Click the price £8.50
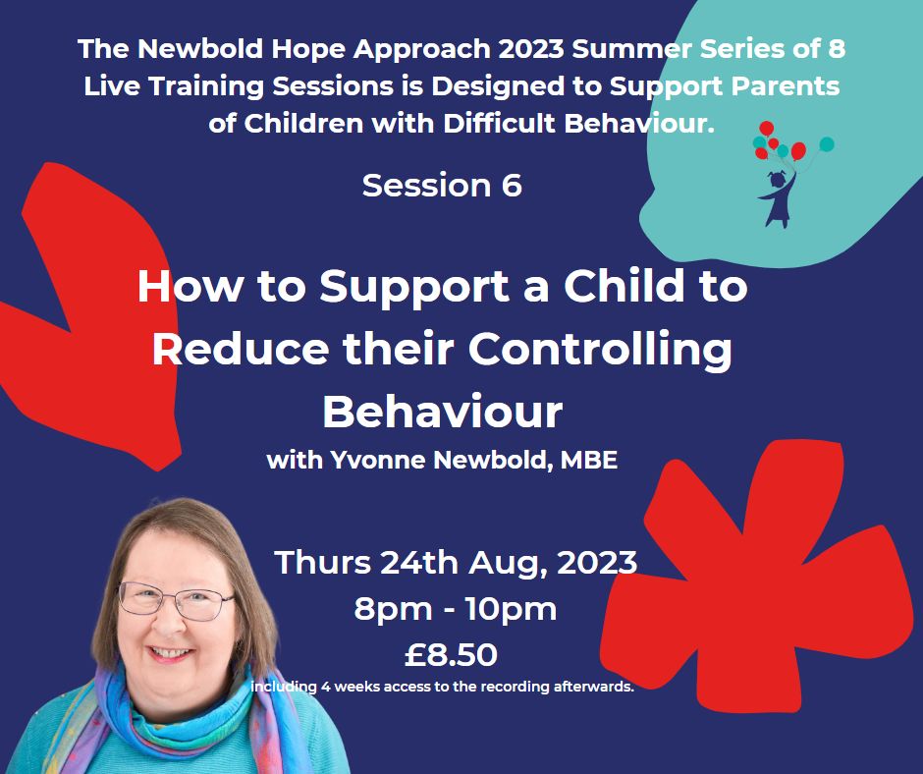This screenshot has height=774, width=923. coord(451,655)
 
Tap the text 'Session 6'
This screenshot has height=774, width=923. coord(442,185)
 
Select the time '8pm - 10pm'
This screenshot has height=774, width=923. coord(455,608)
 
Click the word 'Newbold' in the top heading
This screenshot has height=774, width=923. coord(200,48)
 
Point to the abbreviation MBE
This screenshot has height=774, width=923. coord(589,460)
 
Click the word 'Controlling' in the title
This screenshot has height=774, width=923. coord(600,349)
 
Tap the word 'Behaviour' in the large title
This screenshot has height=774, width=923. coord(443,412)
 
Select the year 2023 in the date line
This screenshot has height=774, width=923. coord(597,562)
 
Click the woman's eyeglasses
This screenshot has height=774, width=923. coord(176,601)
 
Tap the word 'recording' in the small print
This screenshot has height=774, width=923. coord(516,687)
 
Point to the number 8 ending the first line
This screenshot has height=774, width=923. coord(837,48)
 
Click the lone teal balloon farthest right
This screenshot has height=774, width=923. coord(827,144)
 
